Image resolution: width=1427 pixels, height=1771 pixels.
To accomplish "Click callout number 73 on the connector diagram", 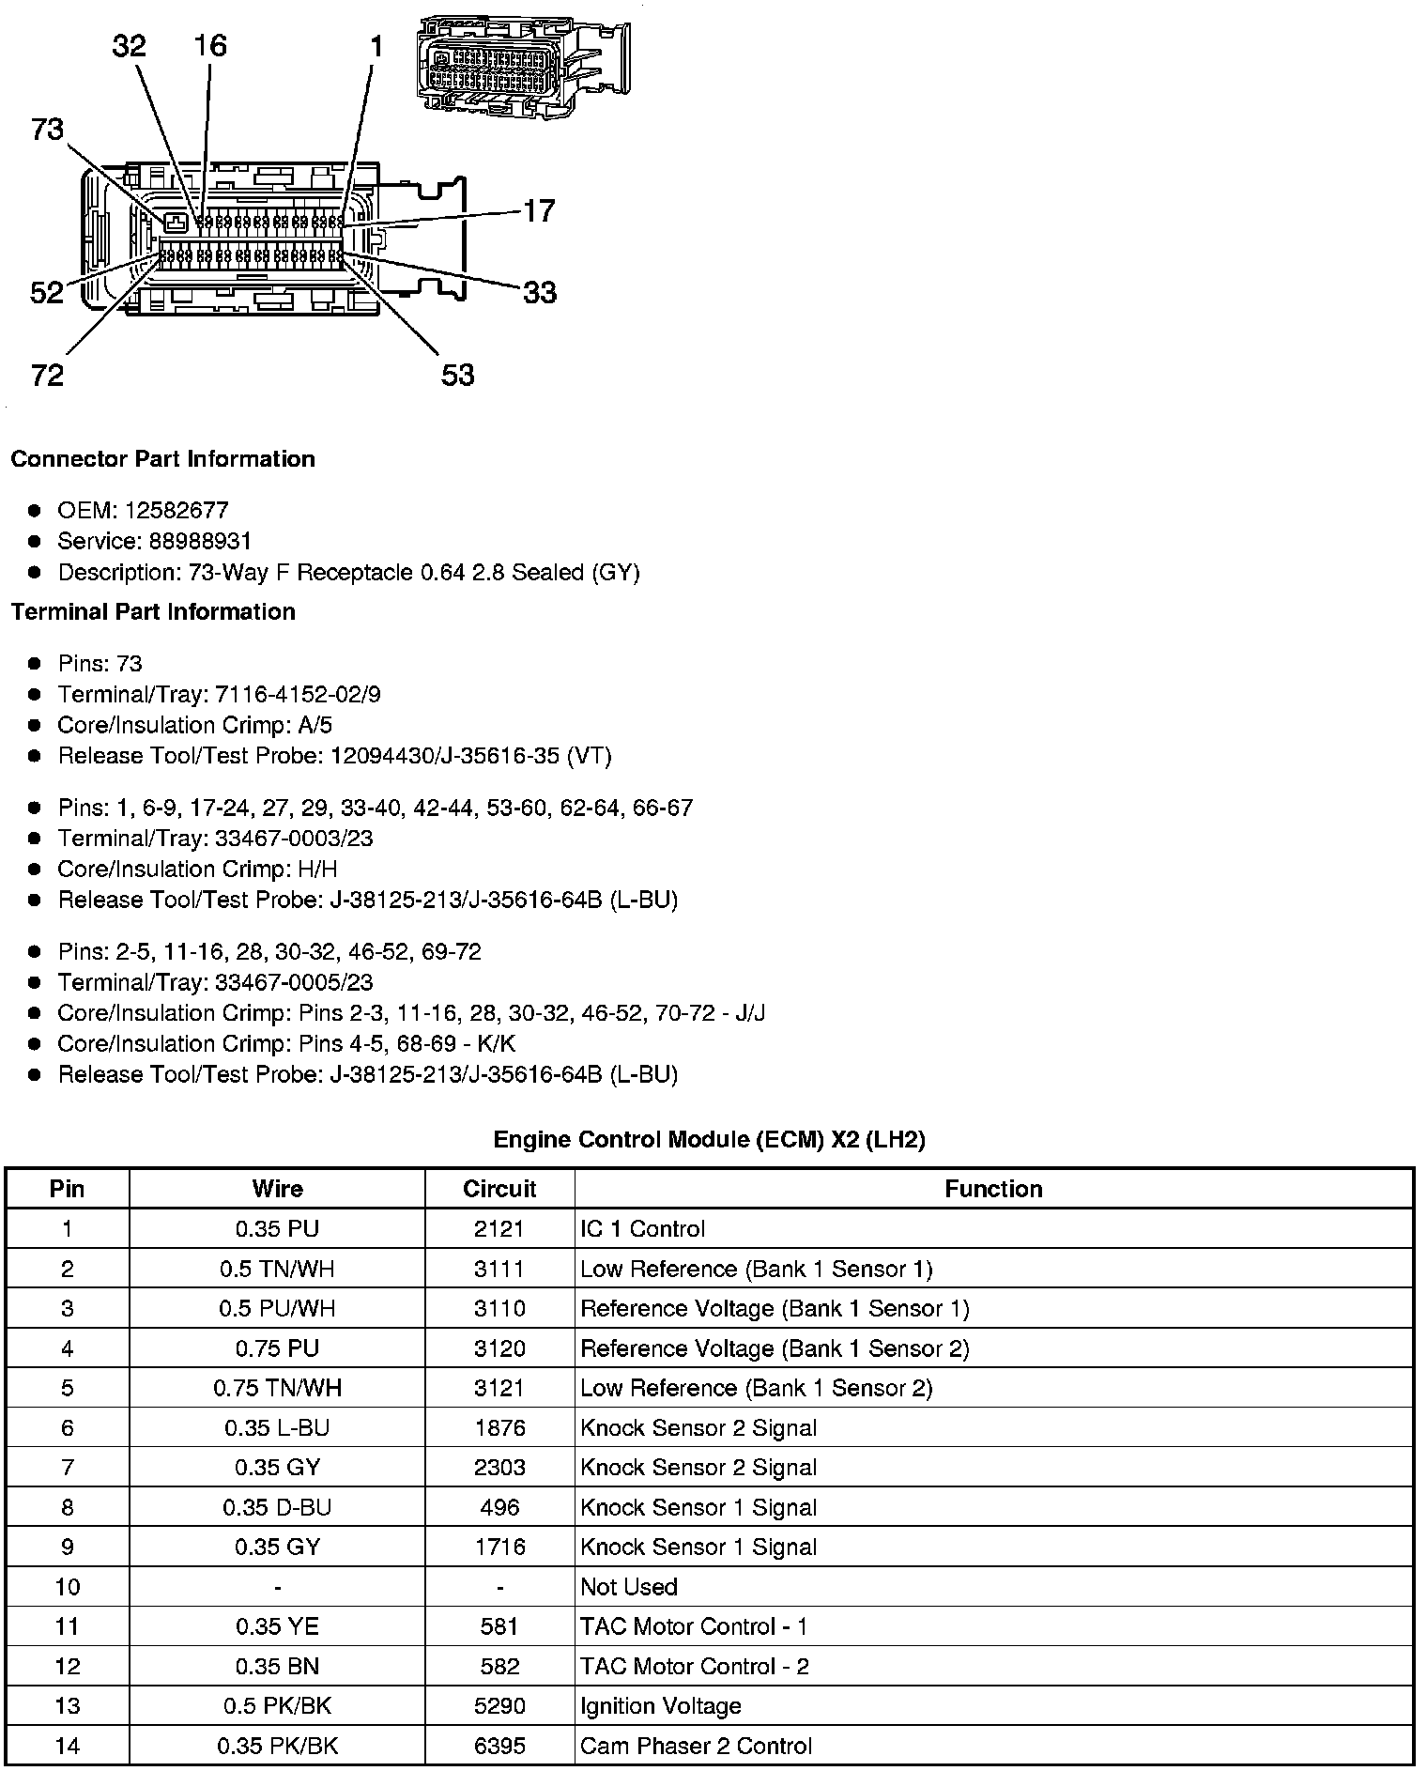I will [x=48, y=130].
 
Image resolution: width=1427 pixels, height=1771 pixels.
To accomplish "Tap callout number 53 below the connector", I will [x=457, y=376].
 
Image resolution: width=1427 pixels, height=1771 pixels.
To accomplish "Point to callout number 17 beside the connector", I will [x=539, y=210].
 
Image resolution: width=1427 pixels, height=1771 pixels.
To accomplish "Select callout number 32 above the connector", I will [x=130, y=45].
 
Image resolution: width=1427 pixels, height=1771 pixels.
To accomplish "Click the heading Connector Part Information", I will [x=162, y=459].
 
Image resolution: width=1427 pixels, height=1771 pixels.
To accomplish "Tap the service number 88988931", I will [x=200, y=541].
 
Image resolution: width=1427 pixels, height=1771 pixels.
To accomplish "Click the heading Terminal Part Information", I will [x=153, y=612].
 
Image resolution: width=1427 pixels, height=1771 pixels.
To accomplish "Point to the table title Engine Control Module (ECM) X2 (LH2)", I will [x=709, y=1140].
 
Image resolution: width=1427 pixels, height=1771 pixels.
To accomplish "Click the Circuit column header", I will [x=499, y=1189].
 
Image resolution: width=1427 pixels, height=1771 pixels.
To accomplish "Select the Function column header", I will [x=993, y=1189].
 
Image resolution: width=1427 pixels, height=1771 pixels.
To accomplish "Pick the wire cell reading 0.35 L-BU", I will [x=277, y=1428].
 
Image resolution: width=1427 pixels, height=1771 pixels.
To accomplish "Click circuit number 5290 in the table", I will [x=499, y=1706].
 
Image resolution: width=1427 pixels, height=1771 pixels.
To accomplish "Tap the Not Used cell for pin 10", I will [x=629, y=1587].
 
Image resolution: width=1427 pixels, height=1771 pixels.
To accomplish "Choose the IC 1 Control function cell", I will [x=642, y=1229].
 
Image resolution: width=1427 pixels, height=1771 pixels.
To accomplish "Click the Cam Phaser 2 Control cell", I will [x=696, y=1746].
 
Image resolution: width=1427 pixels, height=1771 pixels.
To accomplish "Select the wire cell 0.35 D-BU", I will [x=277, y=1507].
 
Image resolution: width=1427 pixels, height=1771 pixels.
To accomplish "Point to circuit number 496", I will [x=499, y=1507].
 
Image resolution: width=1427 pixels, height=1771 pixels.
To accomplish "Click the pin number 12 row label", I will [x=68, y=1667].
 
